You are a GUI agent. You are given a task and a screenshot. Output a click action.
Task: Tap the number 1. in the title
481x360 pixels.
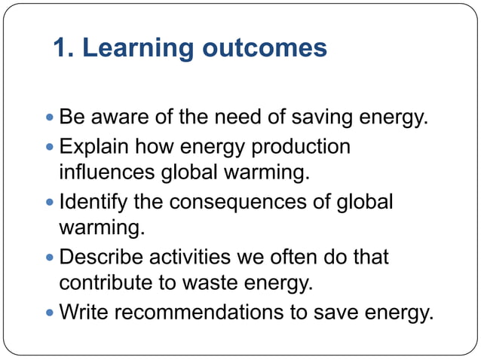tap(64, 48)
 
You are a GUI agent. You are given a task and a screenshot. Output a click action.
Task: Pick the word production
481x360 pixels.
tap(302, 146)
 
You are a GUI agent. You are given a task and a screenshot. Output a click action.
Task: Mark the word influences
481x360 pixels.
tap(107, 173)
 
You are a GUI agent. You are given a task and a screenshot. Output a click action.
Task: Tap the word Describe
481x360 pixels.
tap(103, 257)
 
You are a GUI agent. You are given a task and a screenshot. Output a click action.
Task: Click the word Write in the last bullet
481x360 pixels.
tap(84, 312)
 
